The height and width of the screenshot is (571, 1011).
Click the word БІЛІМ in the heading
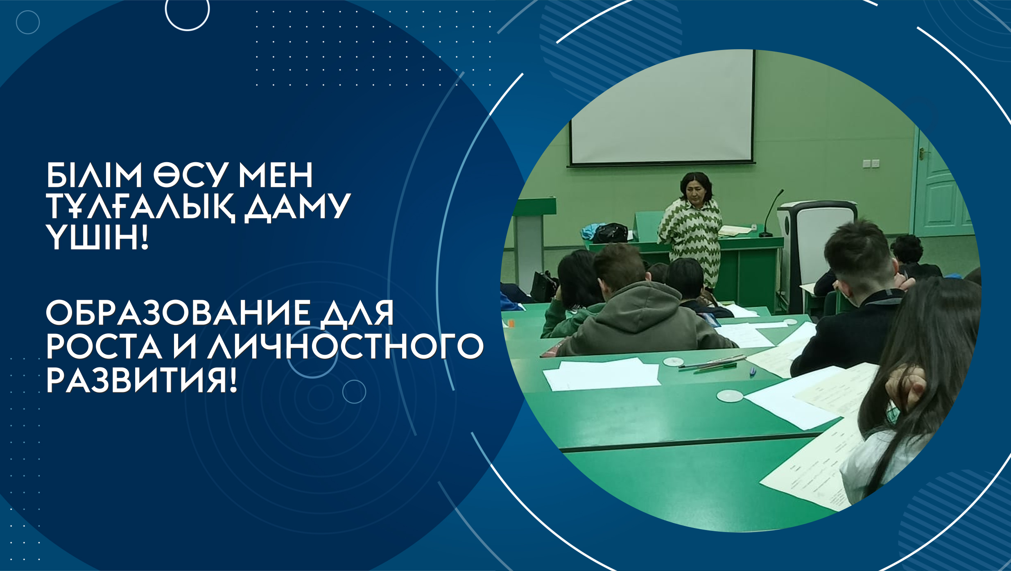coord(94,175)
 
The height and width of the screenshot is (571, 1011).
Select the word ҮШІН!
coord(97,238)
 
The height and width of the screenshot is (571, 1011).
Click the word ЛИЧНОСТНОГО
coord(346,346)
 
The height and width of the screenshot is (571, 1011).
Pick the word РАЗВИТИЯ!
coord(142,380)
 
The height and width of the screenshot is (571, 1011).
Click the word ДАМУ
coord(297,207)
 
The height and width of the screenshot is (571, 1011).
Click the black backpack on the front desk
coord(610,233)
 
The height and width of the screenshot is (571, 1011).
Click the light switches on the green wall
coord(871,163)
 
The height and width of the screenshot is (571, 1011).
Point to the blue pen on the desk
coord(752,371)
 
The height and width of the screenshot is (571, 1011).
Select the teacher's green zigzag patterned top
coord(692,238)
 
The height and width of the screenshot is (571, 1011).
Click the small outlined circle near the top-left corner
coord(28,22)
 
